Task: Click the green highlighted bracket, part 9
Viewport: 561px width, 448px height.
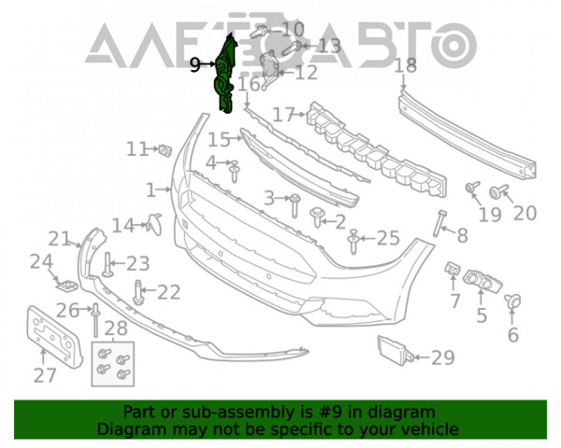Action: click(x=224, y=75)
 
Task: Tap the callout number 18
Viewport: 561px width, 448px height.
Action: click(x=406, y=65)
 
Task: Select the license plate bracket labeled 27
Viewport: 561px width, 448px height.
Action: click(x=54, y=337)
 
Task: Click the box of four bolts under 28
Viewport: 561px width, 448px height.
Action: click(x=113, y=364)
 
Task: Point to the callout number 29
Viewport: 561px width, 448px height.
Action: click(x=443, y=357)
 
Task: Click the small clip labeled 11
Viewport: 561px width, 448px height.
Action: click(x=165, y=150)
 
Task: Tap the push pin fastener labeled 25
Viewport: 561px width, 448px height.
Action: click(x=353, y=241)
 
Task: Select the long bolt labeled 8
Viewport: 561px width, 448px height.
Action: click(x=439, y=223)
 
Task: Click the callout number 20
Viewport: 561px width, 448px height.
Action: click(x=525, y=214)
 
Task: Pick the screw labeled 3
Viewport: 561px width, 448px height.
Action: click(x=295, y=205)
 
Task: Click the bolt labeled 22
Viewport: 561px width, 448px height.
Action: click(x=138, y=292)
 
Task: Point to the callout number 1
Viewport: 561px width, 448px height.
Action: click(x=151, y=190)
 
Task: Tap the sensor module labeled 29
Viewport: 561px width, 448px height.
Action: click(x=396, y=349)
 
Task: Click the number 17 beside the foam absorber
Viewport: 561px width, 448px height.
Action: click(x=284, y=115)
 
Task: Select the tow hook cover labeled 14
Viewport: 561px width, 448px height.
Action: click(x=155, y=224)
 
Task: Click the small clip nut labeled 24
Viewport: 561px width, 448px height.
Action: click(x=66, y=286)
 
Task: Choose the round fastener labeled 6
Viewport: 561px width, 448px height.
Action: click(x=512, y=301)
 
